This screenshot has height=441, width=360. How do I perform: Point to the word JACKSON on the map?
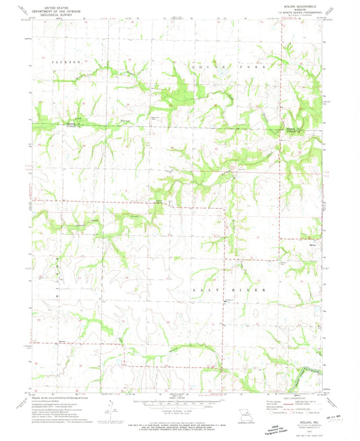pos(65,61)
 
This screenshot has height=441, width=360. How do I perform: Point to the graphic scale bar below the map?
pos(180,401)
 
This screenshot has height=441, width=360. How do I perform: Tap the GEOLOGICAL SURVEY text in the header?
pos(57,12)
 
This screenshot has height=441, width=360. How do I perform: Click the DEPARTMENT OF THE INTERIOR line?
pos(57,9)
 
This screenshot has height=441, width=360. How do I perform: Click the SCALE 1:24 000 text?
pos(180,396)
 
